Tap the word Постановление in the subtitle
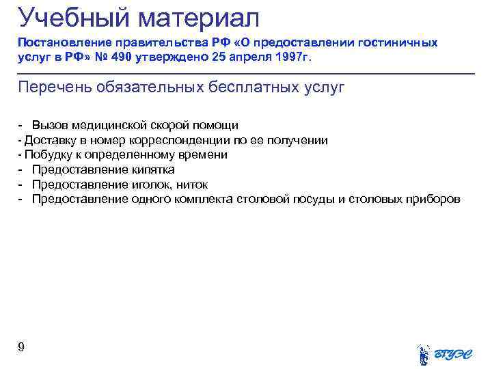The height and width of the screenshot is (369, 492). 61,42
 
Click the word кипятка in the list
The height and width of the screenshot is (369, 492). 152,170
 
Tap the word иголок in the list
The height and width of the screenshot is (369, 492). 152,184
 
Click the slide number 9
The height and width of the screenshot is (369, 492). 21,348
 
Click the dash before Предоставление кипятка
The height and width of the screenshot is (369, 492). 21,170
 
